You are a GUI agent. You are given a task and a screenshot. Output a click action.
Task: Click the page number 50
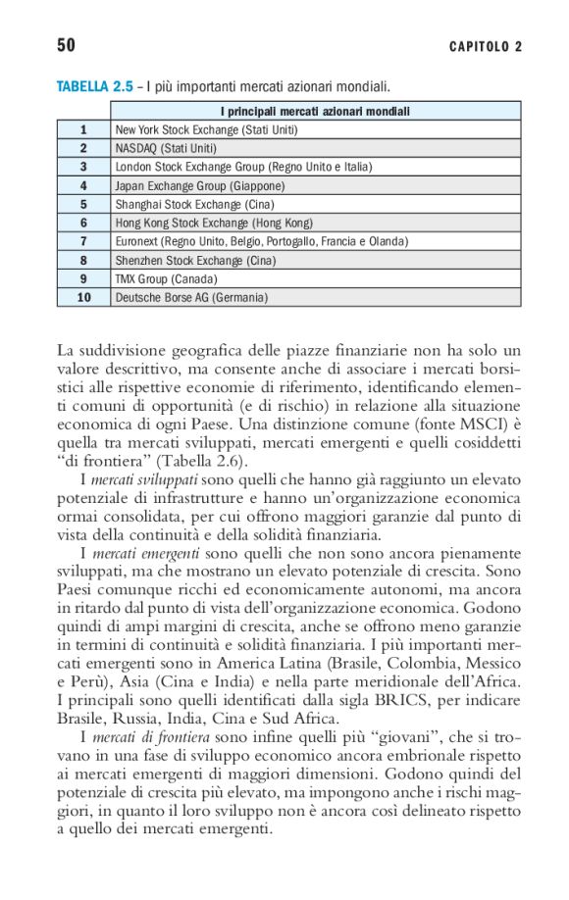point(66,45)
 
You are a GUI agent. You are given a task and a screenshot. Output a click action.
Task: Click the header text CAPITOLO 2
point(486,46)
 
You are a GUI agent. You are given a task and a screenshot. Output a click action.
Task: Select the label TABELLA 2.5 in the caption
point(94,87)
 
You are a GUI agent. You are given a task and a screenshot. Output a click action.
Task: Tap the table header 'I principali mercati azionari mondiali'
point(315,111)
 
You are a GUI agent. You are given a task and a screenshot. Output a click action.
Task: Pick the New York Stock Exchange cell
point(206,129)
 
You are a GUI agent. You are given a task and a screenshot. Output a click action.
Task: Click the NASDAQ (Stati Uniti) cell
point(166,148)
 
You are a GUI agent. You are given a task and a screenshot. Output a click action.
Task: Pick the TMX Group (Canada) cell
point(166,278)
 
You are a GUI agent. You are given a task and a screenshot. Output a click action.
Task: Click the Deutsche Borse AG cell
point(191,297)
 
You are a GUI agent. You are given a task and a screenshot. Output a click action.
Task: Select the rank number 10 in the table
point(83,297)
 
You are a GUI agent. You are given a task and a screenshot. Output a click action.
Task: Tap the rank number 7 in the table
point(83,241)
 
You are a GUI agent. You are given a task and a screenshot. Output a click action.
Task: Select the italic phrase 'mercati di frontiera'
point(148,736)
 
